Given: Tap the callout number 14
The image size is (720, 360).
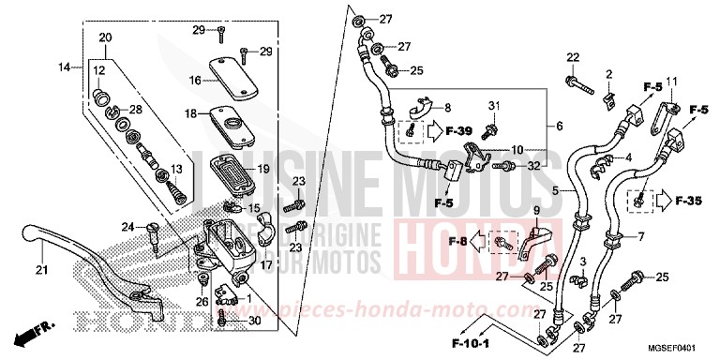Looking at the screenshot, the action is pos(64,67).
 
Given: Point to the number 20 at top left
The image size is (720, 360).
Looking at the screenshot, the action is pos(104,37).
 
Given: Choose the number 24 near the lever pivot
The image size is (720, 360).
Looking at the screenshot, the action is pos(128,225).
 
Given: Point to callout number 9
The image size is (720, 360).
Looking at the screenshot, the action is pos(536,210).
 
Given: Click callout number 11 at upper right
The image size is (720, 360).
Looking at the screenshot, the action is pos(670,81).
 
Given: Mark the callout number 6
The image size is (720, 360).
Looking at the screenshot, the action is pos(560,126).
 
